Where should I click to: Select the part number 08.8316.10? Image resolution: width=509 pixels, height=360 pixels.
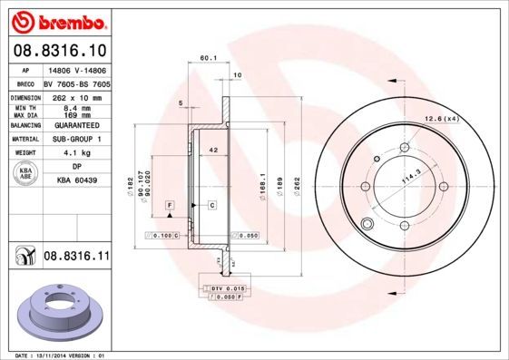coord(58,50)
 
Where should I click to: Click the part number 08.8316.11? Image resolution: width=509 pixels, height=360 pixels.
coord(76,258)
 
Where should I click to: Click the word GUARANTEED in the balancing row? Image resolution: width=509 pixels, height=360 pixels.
coord(75,126)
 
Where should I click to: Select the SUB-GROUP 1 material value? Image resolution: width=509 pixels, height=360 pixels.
coord(75,140)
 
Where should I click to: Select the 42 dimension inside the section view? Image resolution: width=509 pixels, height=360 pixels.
coord(212,149)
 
